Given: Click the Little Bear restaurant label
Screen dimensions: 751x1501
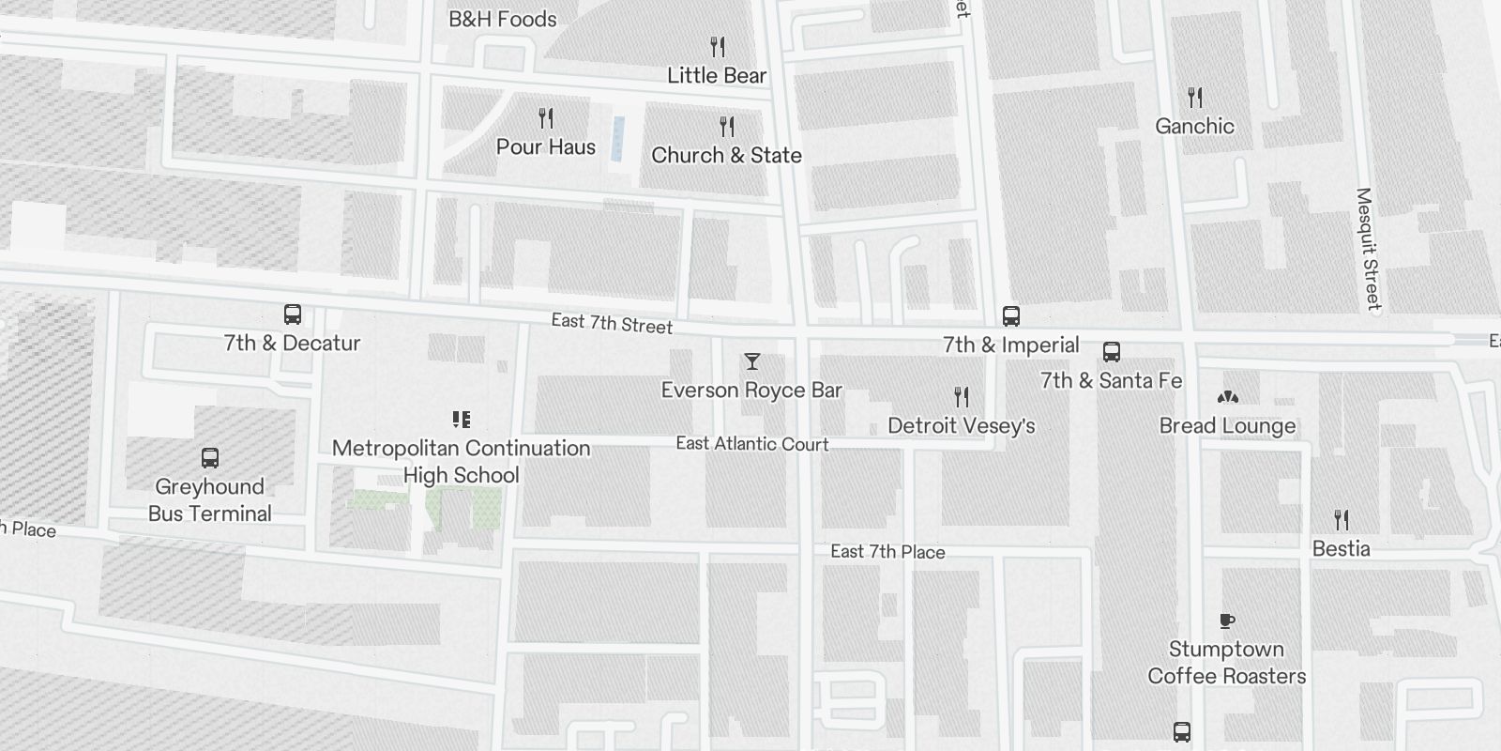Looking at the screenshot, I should tap(717, 75).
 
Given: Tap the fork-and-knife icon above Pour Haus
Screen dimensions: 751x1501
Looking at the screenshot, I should tap(546, 118).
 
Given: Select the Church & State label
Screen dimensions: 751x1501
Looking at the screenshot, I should tap(726, 155).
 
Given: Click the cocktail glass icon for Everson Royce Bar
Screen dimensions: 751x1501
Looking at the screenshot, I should tap(751, 361).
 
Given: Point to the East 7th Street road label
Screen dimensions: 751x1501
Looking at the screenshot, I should tap(612, 323).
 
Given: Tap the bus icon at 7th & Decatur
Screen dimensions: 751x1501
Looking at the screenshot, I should tap(293, 314).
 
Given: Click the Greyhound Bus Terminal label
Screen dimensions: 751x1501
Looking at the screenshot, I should tap(210, 499).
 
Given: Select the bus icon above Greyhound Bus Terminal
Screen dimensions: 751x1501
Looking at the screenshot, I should tap(210, 458).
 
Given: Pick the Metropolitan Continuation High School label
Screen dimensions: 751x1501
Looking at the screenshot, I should tap(461, 461).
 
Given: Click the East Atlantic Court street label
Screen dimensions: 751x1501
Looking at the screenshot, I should tap(752, 443).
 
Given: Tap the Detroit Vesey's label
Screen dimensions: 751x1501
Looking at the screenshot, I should tap(962, 425).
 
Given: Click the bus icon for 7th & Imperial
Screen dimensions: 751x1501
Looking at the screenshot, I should tap(1010, 316).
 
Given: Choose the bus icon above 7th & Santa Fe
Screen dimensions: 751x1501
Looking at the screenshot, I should tap(1112, 352).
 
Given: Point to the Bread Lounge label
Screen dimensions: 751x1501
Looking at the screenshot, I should tap(1227, 425).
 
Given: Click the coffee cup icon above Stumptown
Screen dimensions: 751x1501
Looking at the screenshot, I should tap(1226, 621).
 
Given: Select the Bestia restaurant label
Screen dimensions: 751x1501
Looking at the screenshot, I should tap(1341, 548).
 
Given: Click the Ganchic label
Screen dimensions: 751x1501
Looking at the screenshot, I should tap(1194, 126).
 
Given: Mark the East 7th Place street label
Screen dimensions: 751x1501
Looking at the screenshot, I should tap(887, 551).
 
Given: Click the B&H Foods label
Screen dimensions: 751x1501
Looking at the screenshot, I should tap(502, 19).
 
